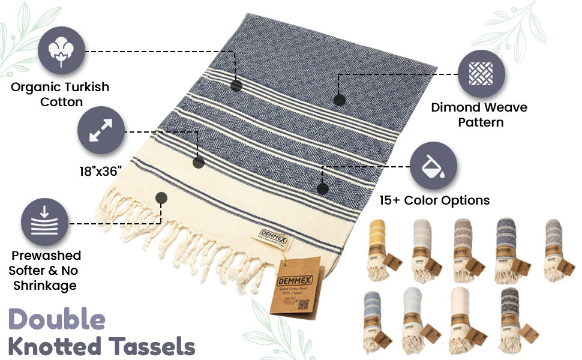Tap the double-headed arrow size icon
click(x=101, y=131)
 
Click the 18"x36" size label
click(x=101, y=172)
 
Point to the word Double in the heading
click(x=58, y=319)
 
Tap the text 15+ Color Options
click(x=434, y=200)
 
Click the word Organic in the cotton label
click(x=35, y=87)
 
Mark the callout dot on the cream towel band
click(x=161, y=197)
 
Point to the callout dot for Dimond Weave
click(x=339, y=99)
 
